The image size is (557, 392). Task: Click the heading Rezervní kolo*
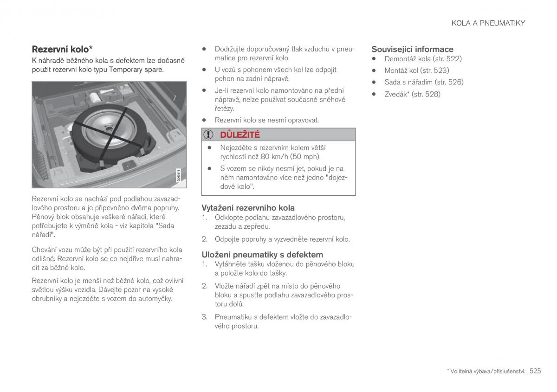62,49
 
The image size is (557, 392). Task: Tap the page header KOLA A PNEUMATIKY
488,23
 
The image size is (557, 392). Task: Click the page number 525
535,371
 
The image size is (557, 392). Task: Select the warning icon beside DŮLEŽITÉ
209,135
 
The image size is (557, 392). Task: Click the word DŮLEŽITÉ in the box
240,135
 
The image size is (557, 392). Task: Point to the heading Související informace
412,49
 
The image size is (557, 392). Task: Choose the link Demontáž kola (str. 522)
423,59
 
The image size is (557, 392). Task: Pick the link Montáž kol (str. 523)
416,71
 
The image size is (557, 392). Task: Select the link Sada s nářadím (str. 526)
424,82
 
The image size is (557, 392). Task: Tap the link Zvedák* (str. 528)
412,94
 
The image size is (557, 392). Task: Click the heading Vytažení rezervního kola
248,208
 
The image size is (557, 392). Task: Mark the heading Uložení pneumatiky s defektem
262,255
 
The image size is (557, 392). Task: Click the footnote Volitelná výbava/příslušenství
487,371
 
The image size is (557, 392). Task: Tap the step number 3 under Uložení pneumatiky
204,317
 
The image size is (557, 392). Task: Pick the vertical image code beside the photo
178,176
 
